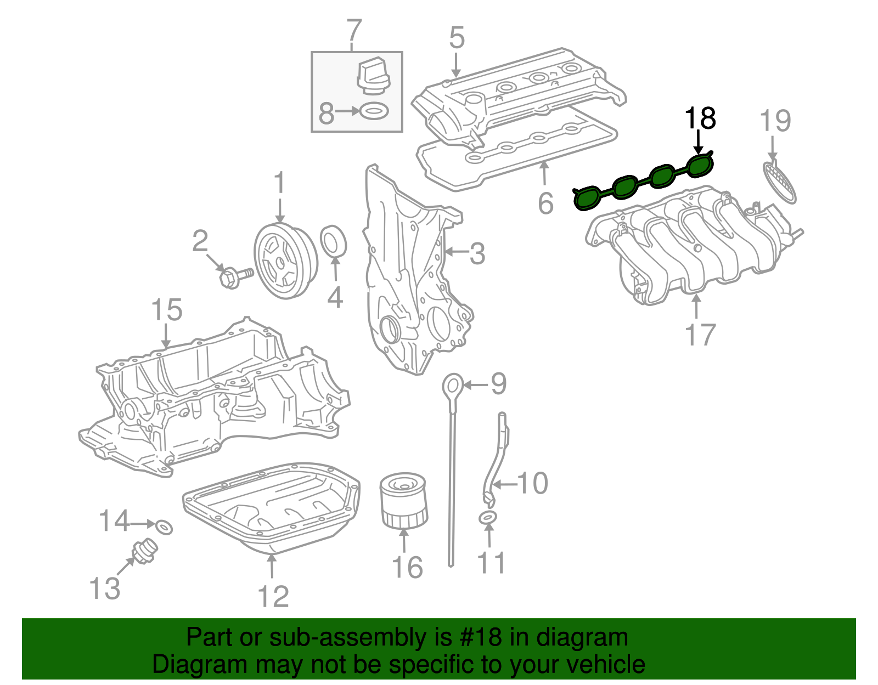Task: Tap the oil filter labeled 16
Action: pos(403,500)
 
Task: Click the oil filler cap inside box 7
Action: pos(373,76)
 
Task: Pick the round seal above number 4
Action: pos(333,241)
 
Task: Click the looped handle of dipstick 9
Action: pos(453,386)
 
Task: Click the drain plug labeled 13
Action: pos(144,551)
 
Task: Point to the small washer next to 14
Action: pos(164,527)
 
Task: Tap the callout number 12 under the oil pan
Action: pos(273,596)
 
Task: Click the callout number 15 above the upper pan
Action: pos(166,310)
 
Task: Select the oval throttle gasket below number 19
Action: pos(779,181)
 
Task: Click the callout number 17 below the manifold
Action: pos(700,335)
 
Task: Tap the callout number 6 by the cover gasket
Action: pos(545,203)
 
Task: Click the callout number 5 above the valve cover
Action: pos(456,38)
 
